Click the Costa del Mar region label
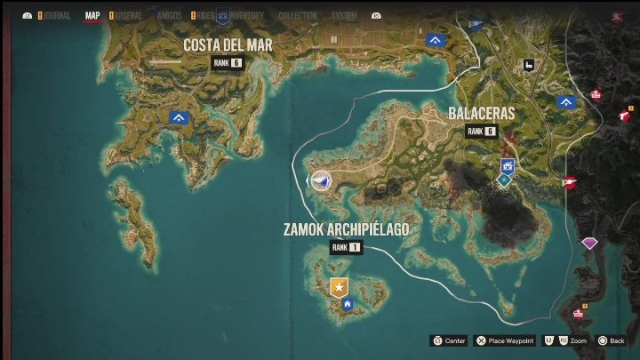tap(228, 44)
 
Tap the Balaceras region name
tap(481, 114)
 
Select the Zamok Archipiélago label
tap(346, 229)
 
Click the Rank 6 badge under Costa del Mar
tap(227, 62)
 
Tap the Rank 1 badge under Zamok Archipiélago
tap(346, 248)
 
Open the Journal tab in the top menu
tap(54, 15)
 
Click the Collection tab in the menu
tap(297, 15)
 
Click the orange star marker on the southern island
tap(339, 286)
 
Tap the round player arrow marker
tap(322, 180)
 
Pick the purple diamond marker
tap(589, 242)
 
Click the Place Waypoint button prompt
tap(504, 340)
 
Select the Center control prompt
tap(450, 340)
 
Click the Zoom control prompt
tap(566, 340)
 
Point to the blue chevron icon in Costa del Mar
tap(180, 117)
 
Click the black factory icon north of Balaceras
tap(528, 64)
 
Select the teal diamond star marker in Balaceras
tap(503, 180)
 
